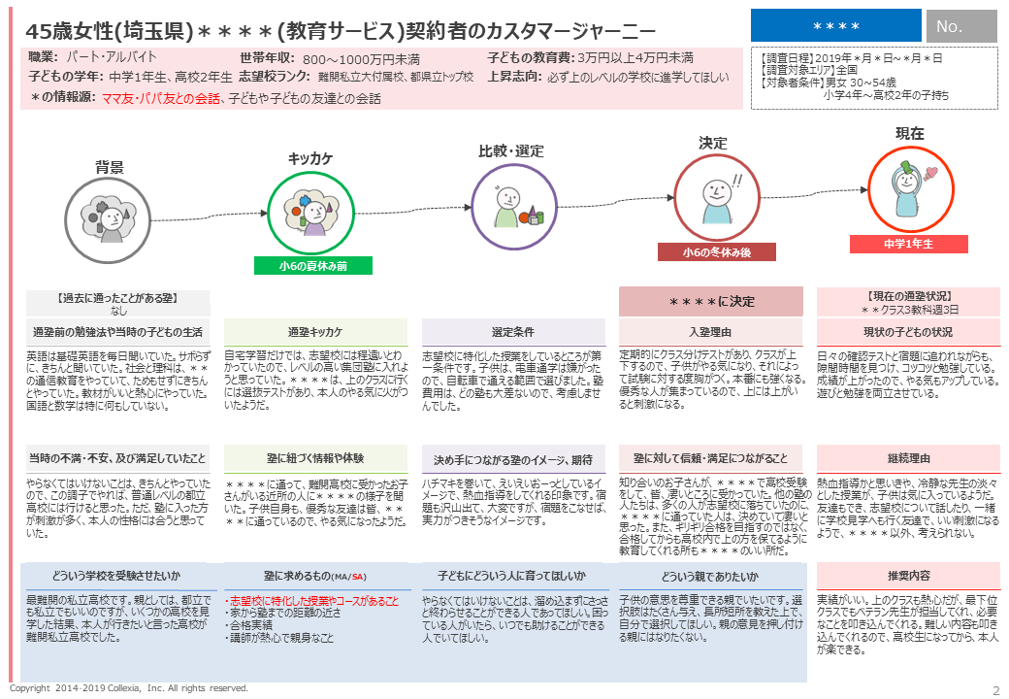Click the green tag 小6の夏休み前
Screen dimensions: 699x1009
tap(313, 265)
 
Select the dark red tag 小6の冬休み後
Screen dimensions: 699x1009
tap(716, 252)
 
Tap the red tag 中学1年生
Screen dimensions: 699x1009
tap(908, 245)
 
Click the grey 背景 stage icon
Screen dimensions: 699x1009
tap(109, 218)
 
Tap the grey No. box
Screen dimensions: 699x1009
tap(960, 26)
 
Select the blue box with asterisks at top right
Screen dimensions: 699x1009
tap(835, 26)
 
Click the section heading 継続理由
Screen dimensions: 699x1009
tap(908, 458)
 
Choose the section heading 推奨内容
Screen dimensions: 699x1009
tap(908, 576)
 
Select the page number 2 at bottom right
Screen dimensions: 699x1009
tap(995, 689)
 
